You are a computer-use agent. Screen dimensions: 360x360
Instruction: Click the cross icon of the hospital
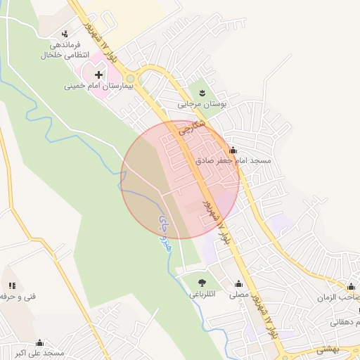[x=98, y=74]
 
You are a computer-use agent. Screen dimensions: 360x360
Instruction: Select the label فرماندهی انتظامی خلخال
[x=65, y=49]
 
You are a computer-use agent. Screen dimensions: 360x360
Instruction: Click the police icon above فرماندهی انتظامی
[x=65, y=33]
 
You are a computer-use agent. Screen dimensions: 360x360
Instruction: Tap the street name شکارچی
[x=191, y=127]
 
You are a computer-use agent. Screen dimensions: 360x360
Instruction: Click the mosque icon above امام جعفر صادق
[x=233, y=150]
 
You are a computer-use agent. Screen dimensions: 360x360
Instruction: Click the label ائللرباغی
[x=203, y=295]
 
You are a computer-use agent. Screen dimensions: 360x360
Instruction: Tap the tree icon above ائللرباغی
[x=203, y=283]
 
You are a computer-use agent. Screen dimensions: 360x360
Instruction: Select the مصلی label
[x=238, y=295]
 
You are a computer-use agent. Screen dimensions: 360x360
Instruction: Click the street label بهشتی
[x=328, y=348]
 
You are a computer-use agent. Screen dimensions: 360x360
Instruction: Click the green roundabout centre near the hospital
[x=130, y=78]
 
